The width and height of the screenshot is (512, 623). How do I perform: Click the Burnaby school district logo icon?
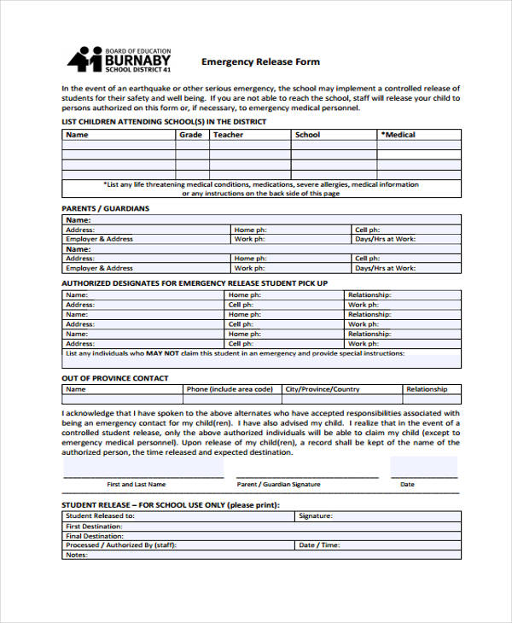(84, 61)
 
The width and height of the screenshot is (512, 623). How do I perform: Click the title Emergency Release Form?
(260, 61)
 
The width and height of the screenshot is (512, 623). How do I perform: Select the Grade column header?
(191, 135)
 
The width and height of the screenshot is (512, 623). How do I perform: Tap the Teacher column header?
(228, 135)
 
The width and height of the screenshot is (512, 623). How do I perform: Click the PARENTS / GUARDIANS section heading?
(106, 208)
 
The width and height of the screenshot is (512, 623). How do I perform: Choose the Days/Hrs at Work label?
(386, 239)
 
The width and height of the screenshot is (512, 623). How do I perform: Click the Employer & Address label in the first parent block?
(100, 239)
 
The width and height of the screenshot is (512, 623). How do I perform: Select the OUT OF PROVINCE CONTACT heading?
(115, 378)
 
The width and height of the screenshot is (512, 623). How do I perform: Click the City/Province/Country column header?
(323, 389)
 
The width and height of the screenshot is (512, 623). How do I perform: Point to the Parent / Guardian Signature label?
(279, 484)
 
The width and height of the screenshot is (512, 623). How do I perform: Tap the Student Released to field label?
(100, 515)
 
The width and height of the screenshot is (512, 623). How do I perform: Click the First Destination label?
(95, 526)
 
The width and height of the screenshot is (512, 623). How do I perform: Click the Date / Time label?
(319, 544)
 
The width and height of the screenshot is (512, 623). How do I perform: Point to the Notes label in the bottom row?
(77, 555)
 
